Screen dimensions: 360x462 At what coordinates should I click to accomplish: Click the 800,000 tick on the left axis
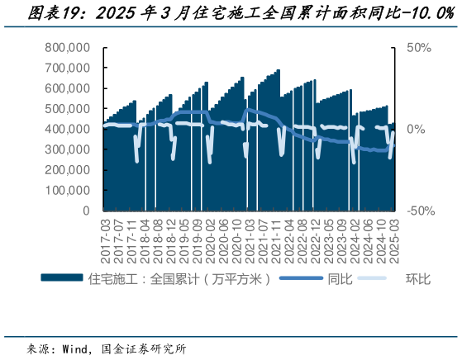(68, 49)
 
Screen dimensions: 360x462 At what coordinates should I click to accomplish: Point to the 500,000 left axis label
(68, 109)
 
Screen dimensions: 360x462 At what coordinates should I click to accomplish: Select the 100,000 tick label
(68, 190)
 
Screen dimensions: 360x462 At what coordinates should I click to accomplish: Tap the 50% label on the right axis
(419, 49)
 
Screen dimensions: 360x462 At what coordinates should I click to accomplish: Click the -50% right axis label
(419, 211)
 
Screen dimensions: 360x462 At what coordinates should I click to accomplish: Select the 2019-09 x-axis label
(197, 239)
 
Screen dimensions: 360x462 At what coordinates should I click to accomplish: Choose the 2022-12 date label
(314, 239)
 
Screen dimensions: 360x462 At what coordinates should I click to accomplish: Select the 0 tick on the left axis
(86, 211)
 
